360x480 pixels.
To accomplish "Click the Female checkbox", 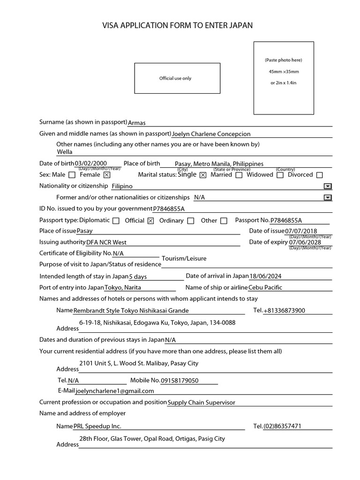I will tap(107, 175).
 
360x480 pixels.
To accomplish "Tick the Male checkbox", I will tap(72, 175).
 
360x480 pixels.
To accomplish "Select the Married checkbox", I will tap(239, 175).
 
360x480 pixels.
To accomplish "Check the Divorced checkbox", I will tap(320, 175).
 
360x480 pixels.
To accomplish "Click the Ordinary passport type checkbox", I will tap(191, 221).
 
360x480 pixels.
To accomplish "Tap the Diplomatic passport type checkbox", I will tap(116, 221).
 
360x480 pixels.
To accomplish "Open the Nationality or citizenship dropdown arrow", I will tap(328, 186).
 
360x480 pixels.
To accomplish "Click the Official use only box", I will tap(177, 78).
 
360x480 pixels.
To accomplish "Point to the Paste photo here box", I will tap(284, 78).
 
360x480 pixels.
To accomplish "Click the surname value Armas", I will tap(137, 123).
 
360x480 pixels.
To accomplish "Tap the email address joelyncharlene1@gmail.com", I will tap(115, 391).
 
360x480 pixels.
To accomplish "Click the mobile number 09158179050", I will tap(180, 381).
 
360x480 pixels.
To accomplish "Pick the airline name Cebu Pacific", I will tap(265, 288).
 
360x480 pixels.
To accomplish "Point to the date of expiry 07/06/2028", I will tap(305, 242).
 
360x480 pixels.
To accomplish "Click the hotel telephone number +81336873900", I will tap(285, 311).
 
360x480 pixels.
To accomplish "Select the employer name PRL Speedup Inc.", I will tap(97, 427).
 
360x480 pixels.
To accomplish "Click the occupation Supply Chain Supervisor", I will tap(202, 402).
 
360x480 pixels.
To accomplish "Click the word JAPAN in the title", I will tap(241, 25).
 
